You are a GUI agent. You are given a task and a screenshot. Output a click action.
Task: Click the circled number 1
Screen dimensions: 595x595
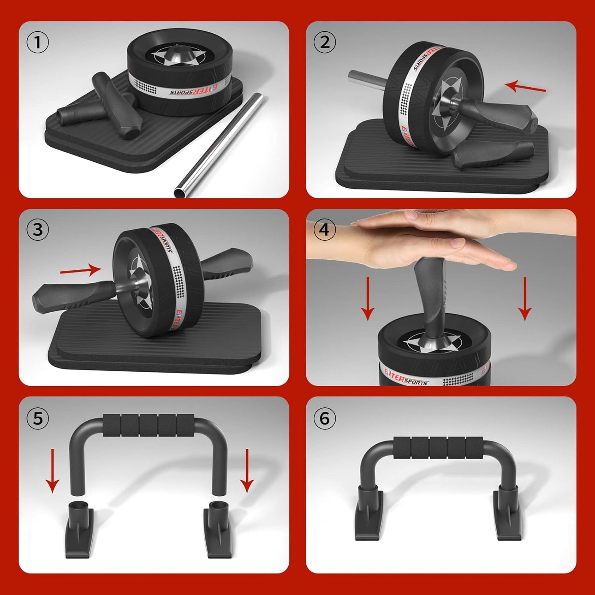(x=37, y=42)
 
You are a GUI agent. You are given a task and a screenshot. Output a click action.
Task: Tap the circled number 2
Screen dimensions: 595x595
(x=324, y=42)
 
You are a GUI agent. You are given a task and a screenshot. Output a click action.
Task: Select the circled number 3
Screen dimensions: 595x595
(x=37, y=230)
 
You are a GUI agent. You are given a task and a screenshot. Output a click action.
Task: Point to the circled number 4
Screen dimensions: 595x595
(x=324, y=230)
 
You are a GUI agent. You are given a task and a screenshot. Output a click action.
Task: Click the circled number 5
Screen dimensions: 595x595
(x=37, y=418)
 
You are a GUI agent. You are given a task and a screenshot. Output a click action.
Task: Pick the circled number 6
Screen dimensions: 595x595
(x=324, y=418)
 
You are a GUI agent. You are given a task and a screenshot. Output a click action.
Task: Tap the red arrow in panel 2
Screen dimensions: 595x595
(x=525, y=87)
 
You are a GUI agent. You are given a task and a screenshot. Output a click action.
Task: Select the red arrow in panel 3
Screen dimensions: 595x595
(x=81, y=271)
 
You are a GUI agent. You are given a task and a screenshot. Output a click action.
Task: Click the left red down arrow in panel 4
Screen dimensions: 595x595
(x=368, y=299)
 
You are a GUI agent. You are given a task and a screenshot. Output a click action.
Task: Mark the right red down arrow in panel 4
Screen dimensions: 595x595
(x=525, y=299)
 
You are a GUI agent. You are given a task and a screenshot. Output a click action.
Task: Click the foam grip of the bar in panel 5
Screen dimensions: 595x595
(x=149, y=426)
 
